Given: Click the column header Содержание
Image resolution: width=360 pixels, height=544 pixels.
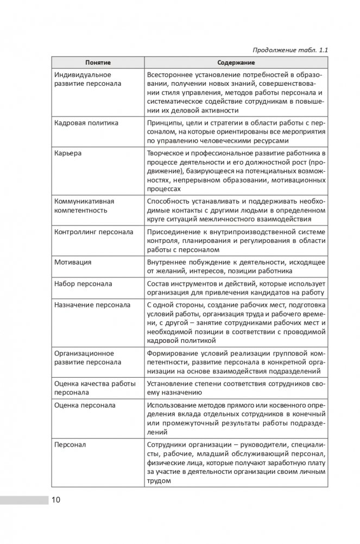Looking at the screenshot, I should coord(236,63).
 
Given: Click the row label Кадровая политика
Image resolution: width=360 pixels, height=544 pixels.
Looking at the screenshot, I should coord(86,123).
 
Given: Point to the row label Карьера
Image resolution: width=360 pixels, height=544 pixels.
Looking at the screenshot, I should coord(68,153).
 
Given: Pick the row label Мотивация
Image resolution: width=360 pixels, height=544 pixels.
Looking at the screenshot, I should coord(73,262).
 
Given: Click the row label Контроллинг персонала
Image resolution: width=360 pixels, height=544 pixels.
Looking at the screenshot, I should coord(93,232).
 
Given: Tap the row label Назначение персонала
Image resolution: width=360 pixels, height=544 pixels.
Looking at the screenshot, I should coord(92,305).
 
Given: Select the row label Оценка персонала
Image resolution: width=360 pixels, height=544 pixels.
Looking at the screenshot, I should coord(85,405).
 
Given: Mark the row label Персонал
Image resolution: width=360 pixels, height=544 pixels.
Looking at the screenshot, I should coord(70,444).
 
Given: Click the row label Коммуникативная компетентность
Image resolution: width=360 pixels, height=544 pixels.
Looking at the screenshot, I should coord(84,205).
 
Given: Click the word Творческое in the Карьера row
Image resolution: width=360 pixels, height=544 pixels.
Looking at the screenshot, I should coord(167,153).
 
